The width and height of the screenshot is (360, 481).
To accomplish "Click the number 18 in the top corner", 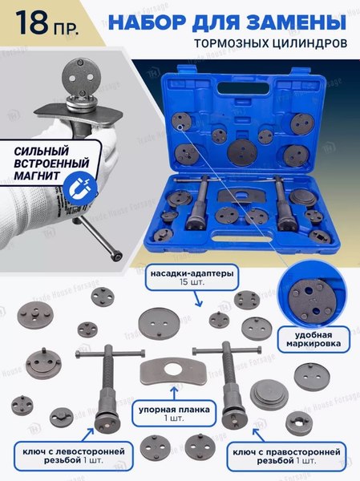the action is [x=32, y=22].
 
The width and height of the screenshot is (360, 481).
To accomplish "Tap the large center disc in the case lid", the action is [x=242, y=152].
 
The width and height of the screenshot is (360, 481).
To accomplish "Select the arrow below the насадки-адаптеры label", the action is [x=198, y=299].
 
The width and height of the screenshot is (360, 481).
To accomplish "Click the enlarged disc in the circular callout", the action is [x=311, y=301].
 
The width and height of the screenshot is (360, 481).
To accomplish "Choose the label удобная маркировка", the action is [x=313, y=339].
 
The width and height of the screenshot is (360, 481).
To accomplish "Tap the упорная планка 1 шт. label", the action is [x=174, y=413].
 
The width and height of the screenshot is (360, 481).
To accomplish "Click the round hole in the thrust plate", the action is [x=174, y=370].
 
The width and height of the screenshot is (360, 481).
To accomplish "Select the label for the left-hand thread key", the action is [x=74, y=456].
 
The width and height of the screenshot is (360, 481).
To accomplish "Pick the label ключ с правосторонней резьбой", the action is [x=286, y=456].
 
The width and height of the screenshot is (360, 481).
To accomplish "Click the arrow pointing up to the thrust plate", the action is [x=175, y=393].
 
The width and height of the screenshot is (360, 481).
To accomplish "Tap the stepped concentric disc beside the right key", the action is [x=269, y=394].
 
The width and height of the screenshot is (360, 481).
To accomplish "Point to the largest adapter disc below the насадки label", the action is [x=159, y=323].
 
